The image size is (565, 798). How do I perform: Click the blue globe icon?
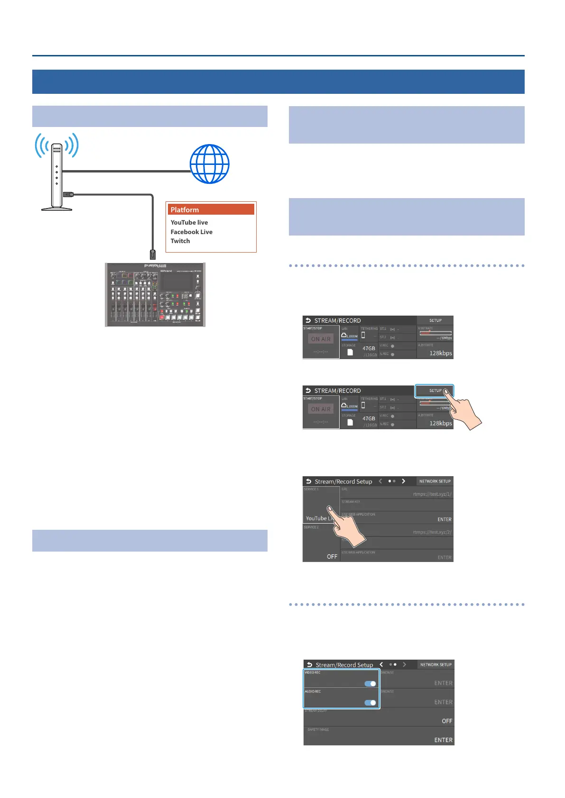click(x=209, y=164)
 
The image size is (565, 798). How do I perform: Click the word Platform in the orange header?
click(x=185, y=209)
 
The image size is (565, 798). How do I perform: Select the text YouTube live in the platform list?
click(x=189, y=222)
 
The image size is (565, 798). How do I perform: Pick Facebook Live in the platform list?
click(x=191, y=232)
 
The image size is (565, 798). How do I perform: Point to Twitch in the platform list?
click(x=180, y=241)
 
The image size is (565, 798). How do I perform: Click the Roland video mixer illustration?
click(x=155, y=294)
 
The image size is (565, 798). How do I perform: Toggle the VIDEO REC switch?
click(x=370, y=683)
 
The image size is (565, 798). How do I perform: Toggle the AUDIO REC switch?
click(x=370, y=702)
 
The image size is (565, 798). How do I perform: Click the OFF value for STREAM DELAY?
click(x=447, y=721)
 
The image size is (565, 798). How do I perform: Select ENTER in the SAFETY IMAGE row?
click(x=443, y=740)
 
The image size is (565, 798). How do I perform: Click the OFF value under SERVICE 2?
click(x=332, y=556)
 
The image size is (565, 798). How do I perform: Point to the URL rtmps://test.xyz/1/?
click(x=432, y=494)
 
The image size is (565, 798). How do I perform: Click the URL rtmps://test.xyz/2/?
click(x=432, y=532)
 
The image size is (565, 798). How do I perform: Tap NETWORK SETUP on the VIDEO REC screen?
click(x=435, y=664)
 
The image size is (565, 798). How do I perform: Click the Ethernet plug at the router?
click(x=68, y=194)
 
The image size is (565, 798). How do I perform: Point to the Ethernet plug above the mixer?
click(x=152, y=254)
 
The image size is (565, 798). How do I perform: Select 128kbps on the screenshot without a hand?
click(x=440, y=353)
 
